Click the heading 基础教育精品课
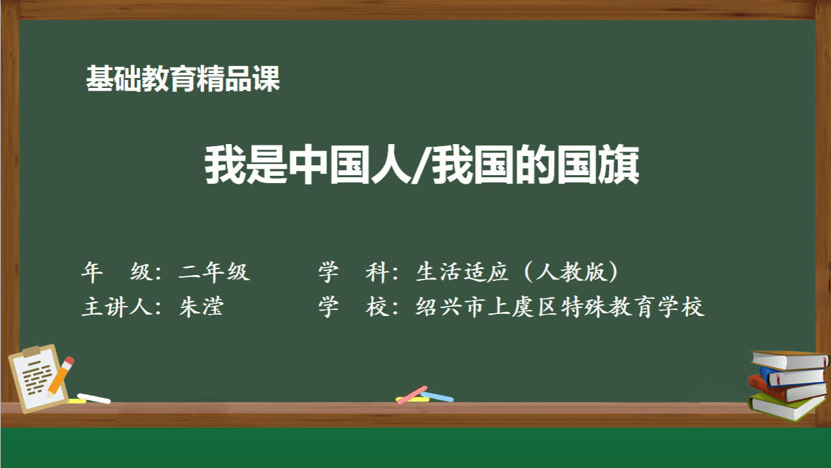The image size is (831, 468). [183, 79]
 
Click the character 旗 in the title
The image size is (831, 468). [618, 165]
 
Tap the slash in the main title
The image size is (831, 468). [422, 165]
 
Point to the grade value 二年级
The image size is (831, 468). [214, 272]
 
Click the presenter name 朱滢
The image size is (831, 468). [201, 307]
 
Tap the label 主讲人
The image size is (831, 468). [116, 307]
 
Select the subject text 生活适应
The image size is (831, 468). [462, 272]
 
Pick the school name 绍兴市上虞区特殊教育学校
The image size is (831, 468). [560, 307]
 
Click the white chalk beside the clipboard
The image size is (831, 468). [94, 398]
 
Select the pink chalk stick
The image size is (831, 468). [412, 395]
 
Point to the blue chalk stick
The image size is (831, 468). [438, 397]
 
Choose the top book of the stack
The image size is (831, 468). [790, 360]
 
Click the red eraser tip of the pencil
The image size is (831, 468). [69, 361]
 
